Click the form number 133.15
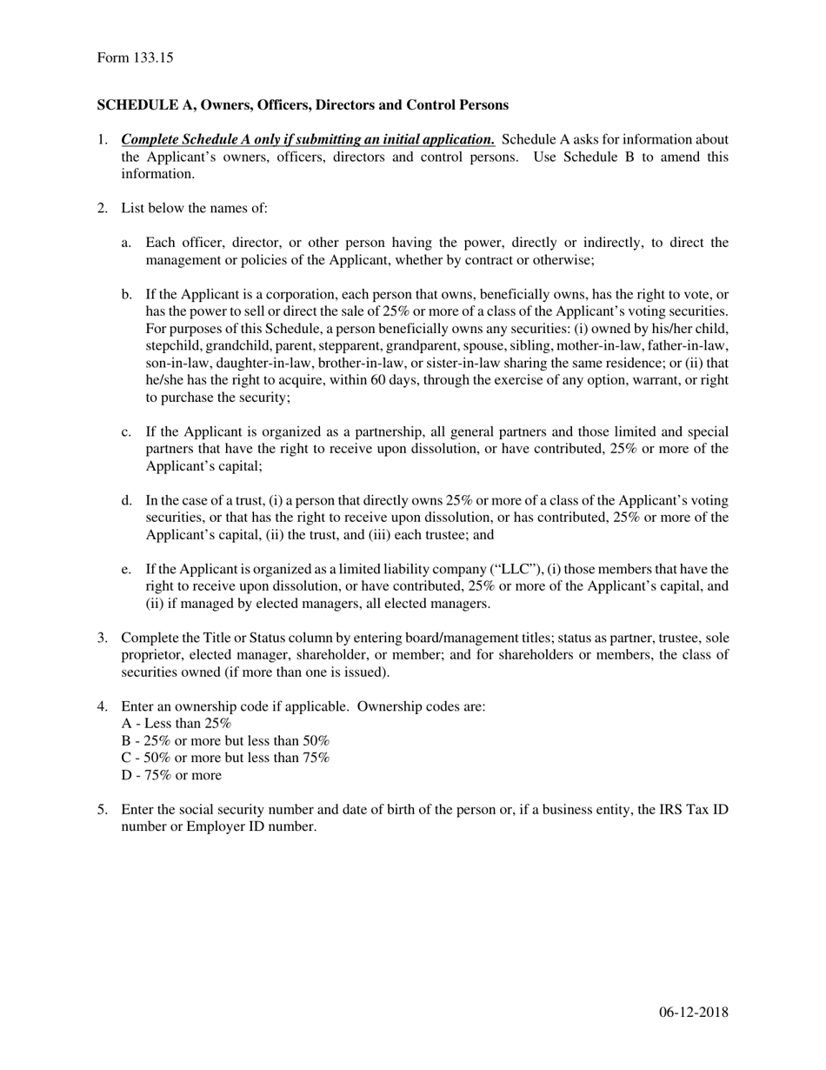click(x=153, y=58)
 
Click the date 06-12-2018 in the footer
click(x=693, y=1012)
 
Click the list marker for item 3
click(x=102, y=638)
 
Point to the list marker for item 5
click(x=102, y=810)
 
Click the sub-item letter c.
click(x=127, y=432)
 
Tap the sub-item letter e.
click(x=127, y=570)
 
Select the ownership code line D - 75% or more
click(x=171, y=775)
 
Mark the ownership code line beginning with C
click(x=226, y=758)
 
